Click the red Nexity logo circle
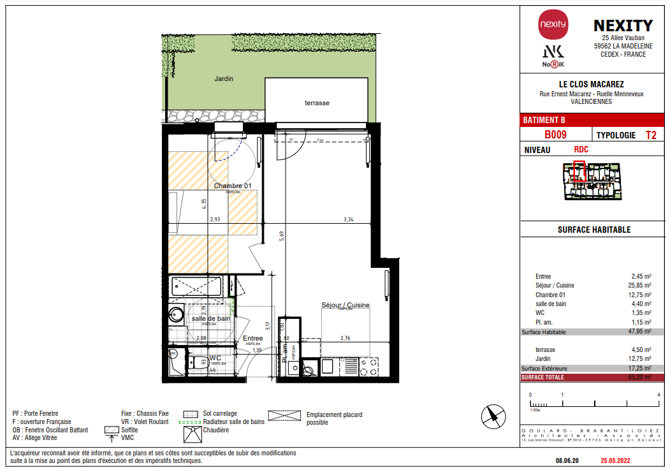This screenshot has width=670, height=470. point(553,24)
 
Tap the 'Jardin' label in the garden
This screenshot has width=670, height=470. point(224,79)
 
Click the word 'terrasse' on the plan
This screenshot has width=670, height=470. point(317,103)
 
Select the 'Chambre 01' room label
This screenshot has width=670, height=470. point(233,186)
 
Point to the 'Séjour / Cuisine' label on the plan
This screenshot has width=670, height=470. point(346,305)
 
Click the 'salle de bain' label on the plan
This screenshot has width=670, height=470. point(211,318)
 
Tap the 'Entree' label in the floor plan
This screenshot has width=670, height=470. point(252,338)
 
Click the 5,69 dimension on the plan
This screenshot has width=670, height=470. point(280,237)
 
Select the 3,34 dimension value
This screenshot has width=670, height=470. point(348,219)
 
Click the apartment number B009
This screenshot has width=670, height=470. point(555,135)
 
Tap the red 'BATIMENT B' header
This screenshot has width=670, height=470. point(544,120)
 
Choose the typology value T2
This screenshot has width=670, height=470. point(651,135)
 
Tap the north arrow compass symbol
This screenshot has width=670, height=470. point(493,416)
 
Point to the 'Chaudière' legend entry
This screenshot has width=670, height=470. point(217,430)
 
